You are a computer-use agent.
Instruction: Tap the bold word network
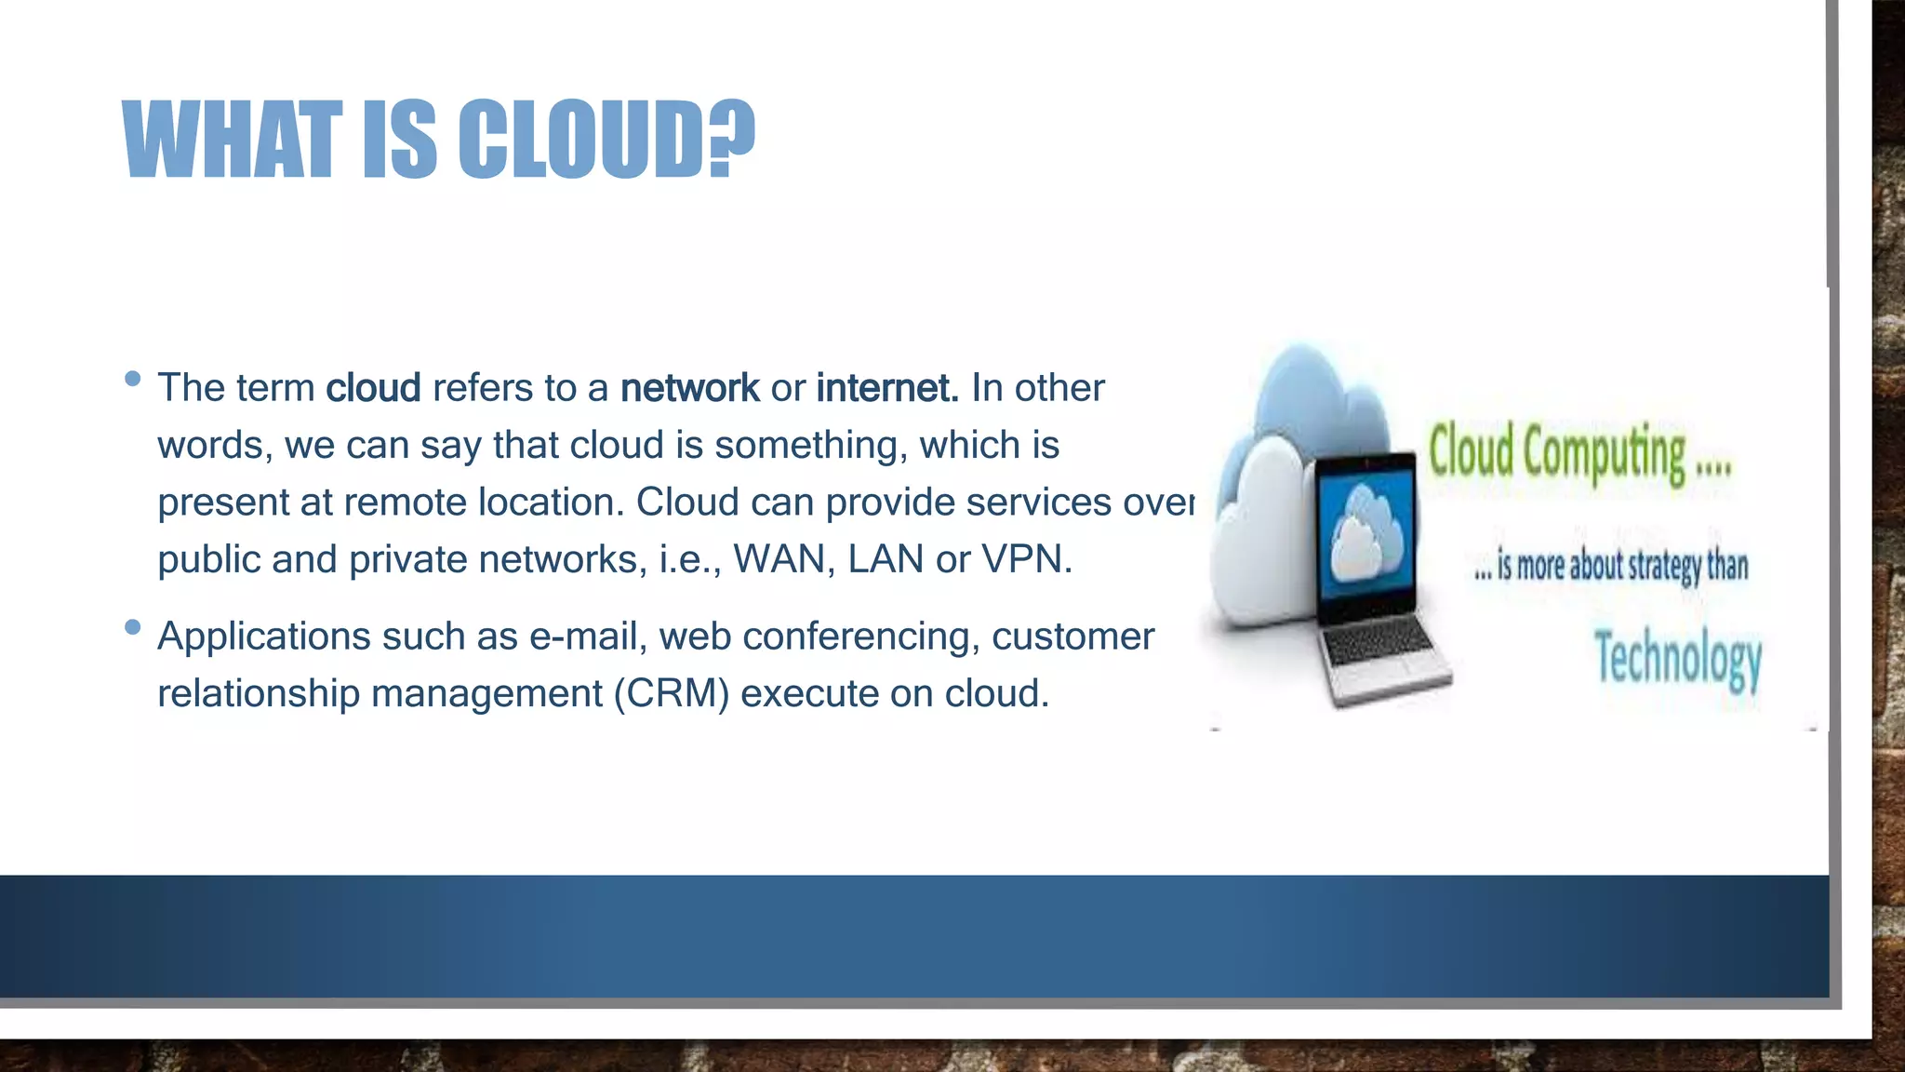click(x=689, y=388)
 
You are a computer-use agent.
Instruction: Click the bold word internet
click(x=886, y=388)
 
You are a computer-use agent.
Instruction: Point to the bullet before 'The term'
click(x=132, y=379)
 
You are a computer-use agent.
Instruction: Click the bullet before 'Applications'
click(x=132, y=627)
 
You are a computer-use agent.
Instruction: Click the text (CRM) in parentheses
click(x=671, y=694)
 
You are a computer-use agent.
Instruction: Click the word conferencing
click(x=860, y=637)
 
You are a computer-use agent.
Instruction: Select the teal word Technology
click(x=1678, y=658)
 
